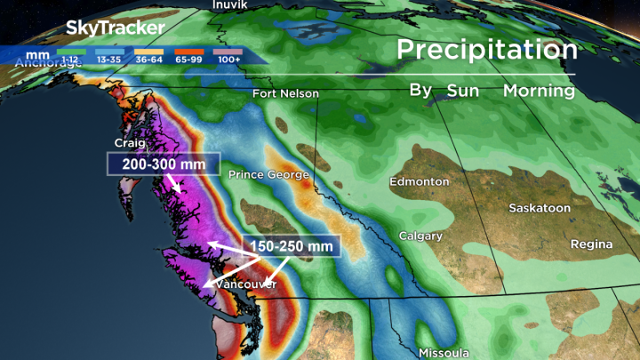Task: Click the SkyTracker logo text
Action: tap(116, 28)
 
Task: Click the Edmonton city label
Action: tap(420, 181)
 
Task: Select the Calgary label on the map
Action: tap(421, 236)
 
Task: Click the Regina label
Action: tap(592, 244)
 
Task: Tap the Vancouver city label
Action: tap(246, 284)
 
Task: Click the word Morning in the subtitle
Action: tap(539, 91)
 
